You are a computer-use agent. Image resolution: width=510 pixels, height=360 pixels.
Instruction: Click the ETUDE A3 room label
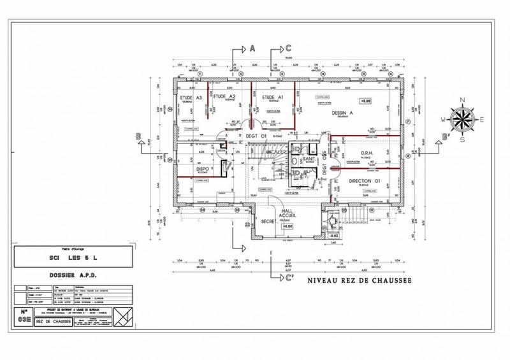(191, 97)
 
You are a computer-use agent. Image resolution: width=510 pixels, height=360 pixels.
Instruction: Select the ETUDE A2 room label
(224, 97)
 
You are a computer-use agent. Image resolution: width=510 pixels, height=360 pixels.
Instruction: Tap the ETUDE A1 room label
(273, 97)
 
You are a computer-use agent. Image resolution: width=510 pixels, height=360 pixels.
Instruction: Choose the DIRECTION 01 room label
(365, 182)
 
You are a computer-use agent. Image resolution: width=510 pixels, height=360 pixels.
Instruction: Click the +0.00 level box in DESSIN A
(365, 101)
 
